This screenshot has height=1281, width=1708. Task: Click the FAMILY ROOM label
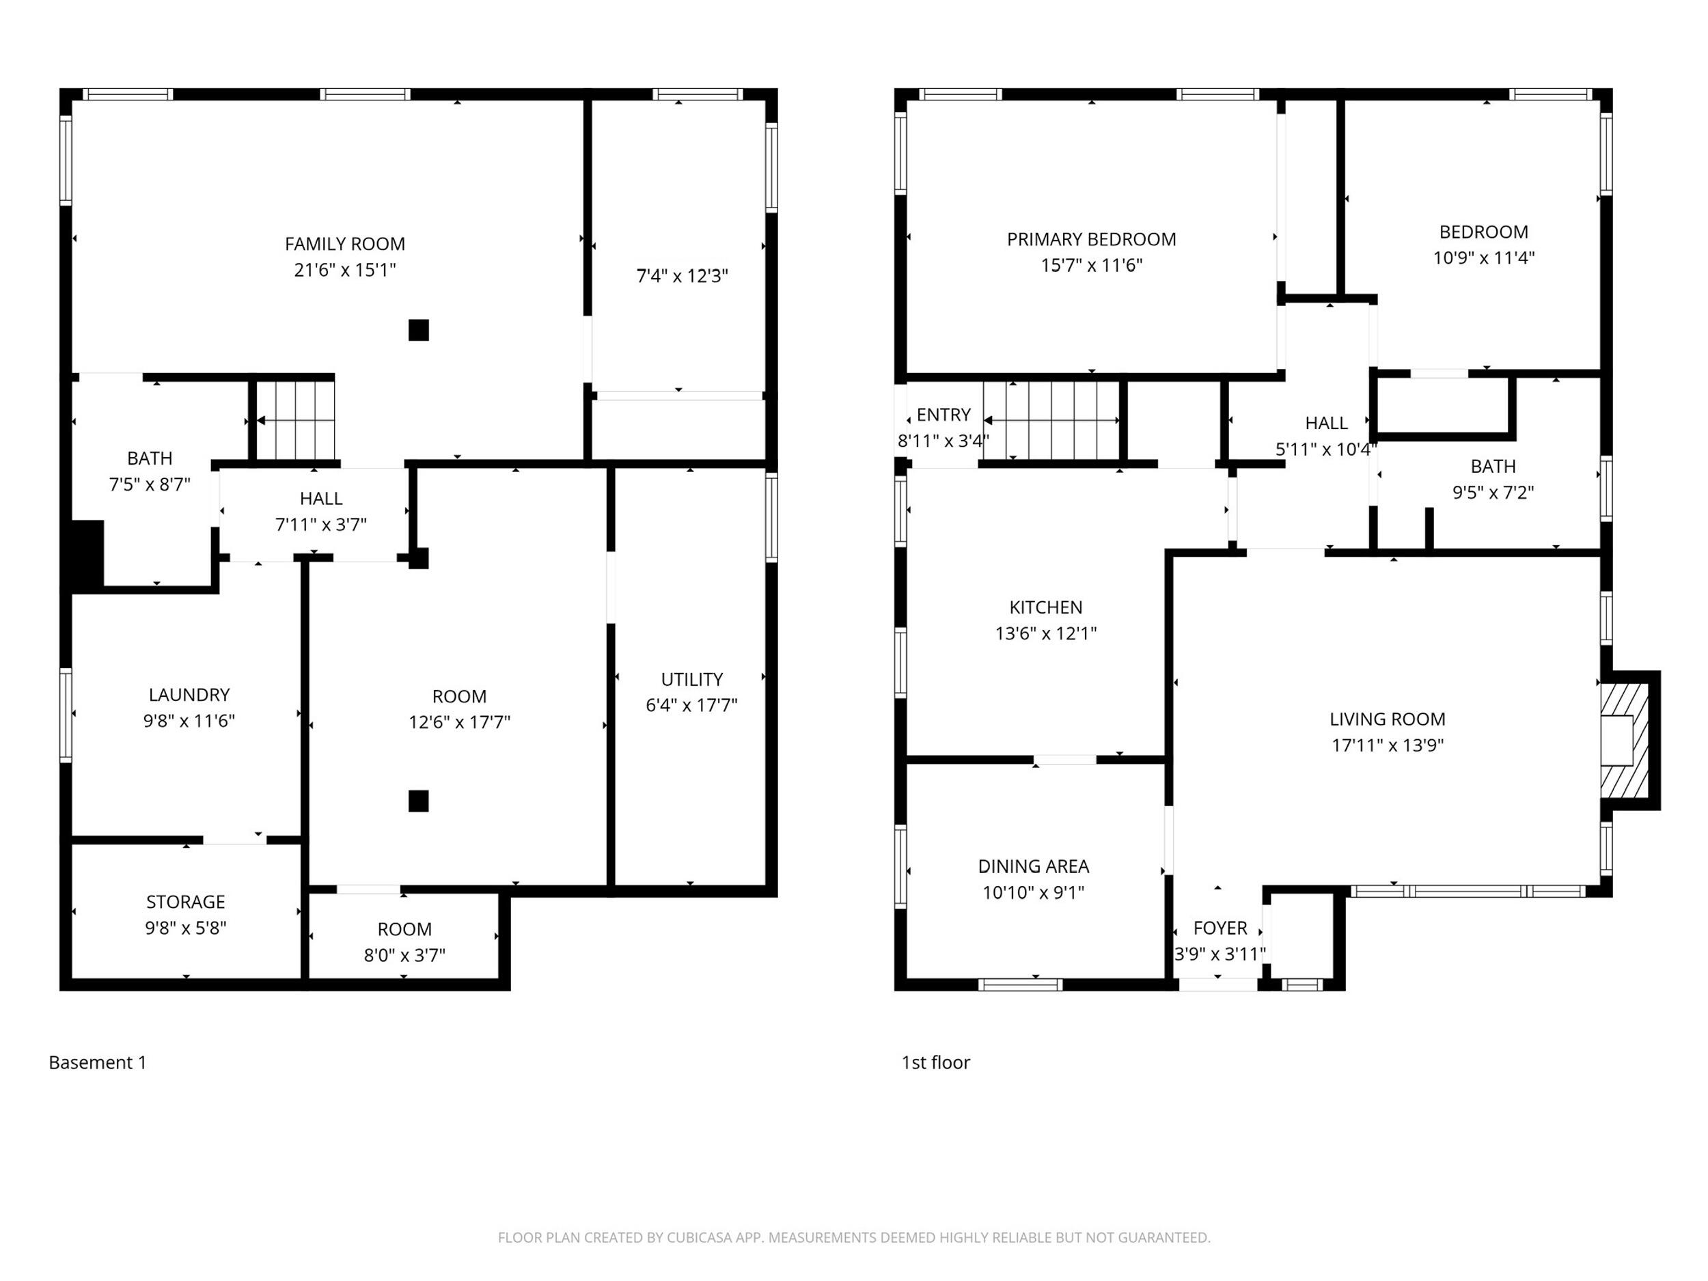tap(344, 244)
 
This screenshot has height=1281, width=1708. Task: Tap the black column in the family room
tap(419, 331)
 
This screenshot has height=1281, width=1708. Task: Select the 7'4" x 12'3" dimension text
tap(682, 275)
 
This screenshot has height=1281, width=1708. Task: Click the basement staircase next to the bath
tap(296, 421)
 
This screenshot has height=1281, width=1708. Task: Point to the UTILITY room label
tap(692, 680)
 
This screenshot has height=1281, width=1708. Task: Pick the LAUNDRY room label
tap(189, 695)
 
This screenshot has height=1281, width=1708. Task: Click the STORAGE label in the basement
tap(186, 902)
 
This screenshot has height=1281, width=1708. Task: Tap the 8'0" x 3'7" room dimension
tap(404, 955)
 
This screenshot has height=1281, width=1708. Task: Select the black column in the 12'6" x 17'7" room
tap(419, 801)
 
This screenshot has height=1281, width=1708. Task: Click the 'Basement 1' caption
tap(97, 1062)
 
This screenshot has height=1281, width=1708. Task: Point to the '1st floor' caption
tap(936, 1062)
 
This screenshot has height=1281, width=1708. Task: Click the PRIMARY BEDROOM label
tap(1091, 239)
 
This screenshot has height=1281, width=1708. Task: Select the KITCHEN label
tap(1045, 607)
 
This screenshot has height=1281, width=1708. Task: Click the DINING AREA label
tap(1033, 867)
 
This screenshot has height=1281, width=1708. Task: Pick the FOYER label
tap(1220, 928)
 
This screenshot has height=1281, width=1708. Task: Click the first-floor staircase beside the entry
tap(1051, 421)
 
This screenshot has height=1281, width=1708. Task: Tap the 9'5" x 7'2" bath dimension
tap(1493, 493)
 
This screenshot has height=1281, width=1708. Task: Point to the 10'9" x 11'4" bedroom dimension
tap(1483, 258)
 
